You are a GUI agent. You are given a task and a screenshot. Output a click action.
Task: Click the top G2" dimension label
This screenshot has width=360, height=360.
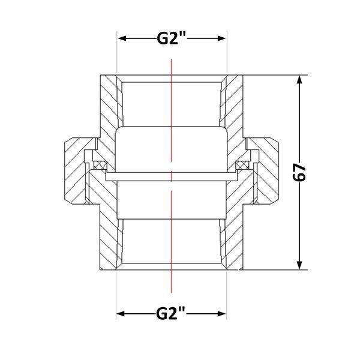171,38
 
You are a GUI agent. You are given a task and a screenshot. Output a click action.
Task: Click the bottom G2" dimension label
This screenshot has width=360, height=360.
170,313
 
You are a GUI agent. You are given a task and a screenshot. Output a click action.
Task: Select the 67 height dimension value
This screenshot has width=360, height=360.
299,172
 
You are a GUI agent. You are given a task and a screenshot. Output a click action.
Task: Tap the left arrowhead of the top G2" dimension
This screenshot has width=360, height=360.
122,38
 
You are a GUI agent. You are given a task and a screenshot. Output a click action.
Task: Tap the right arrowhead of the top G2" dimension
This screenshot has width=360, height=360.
222,38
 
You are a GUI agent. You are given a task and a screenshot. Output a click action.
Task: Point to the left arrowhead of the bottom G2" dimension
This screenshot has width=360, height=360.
121,313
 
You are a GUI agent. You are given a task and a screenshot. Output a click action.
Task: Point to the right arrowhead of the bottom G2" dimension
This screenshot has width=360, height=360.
221,313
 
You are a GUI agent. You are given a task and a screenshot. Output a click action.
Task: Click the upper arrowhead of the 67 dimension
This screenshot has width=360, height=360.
299,80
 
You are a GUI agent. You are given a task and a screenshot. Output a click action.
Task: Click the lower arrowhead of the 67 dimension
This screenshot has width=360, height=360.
299,265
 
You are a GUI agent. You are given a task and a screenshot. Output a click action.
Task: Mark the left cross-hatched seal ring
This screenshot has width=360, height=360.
100,165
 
